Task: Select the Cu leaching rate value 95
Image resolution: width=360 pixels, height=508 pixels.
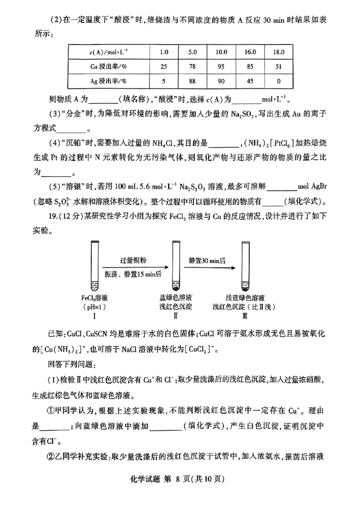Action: pos(221,67)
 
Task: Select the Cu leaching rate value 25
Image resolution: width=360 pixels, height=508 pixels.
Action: pos(164,67)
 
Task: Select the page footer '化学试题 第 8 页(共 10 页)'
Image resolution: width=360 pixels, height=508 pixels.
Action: pos(180,491)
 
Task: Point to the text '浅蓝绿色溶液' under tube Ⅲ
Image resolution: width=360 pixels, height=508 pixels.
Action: pos(245,298)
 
